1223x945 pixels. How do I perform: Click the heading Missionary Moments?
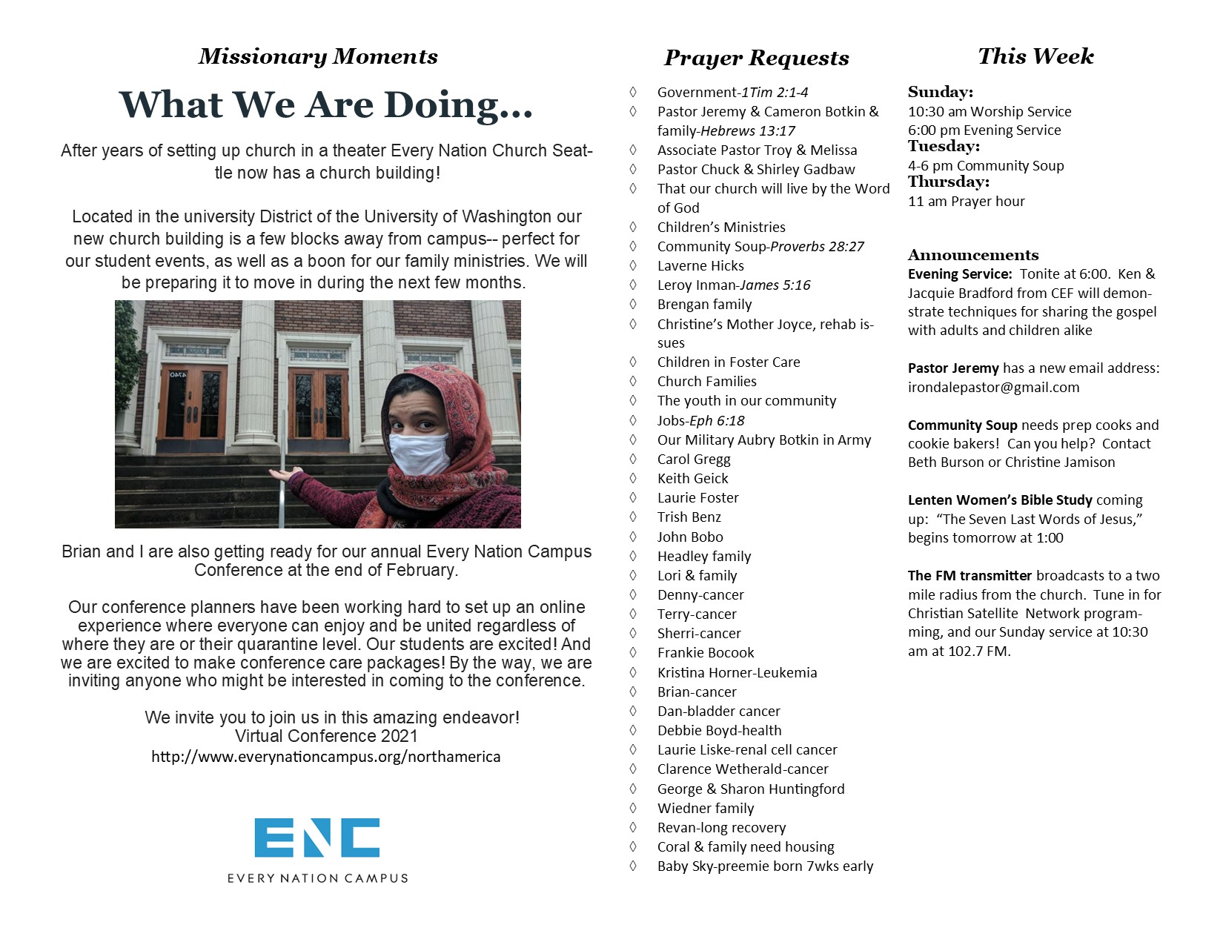point(318,57)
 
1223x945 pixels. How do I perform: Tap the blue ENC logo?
point(316,838)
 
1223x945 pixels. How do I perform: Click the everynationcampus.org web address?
point(326,757)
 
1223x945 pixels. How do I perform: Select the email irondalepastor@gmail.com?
point(993,387)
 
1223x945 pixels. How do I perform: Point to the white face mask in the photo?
point(420,453)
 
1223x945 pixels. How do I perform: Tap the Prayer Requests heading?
point(756,58)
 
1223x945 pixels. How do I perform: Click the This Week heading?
point(1035,56)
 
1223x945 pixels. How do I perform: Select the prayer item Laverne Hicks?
point(700,265)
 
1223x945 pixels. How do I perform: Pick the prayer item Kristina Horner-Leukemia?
point(737,672)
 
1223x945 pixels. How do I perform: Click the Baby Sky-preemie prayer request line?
point(765,866)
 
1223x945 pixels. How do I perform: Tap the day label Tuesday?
point(944,147)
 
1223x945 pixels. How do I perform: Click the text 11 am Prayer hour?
point(966,201)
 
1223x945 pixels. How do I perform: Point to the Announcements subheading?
point(973,255)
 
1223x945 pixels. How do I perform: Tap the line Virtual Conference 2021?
point(326,736)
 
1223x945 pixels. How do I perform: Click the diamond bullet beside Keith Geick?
point(633,478)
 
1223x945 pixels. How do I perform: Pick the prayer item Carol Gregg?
point(694,459)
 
